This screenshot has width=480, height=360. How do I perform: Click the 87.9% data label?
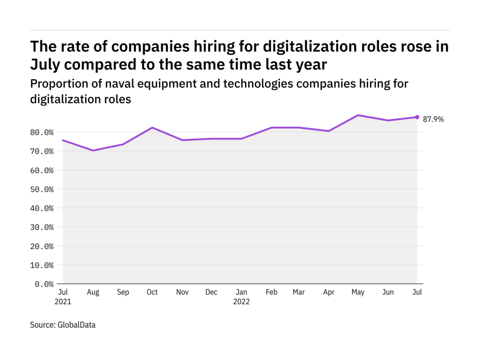point(433,119)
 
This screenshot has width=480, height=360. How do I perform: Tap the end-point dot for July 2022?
point(417,117)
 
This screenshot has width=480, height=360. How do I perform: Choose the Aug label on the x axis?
point(93,292)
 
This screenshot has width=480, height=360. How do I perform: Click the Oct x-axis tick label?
point(152,292)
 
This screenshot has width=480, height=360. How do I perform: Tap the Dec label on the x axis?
point(211,292)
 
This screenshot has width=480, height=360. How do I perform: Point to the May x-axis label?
point(358,292)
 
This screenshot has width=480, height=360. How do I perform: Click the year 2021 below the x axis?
point(63,301)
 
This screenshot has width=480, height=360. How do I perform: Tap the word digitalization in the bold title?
point(310,47)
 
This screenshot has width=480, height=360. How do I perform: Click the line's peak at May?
point(358,115)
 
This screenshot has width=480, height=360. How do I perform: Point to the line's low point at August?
point(93,150)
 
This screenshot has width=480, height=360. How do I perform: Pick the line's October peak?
point(152,127)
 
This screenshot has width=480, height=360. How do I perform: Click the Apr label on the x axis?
point(329,292)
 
